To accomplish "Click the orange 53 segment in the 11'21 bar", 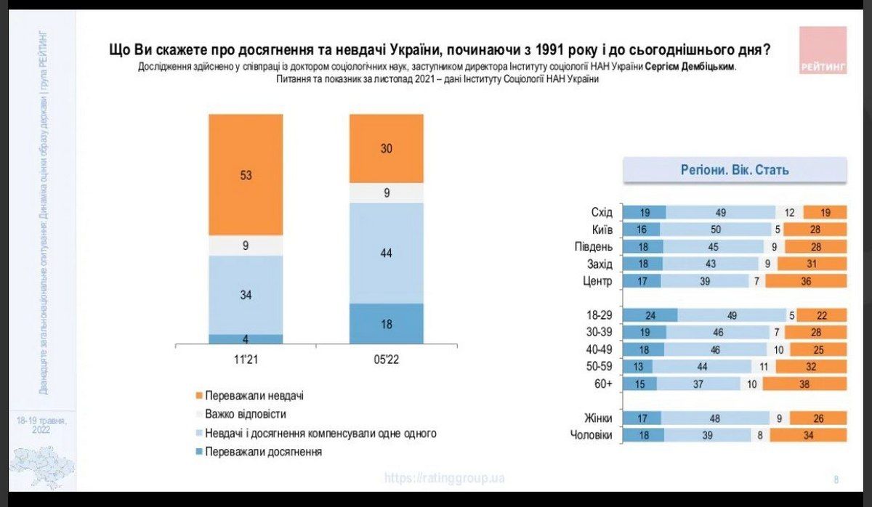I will tap(246, 174).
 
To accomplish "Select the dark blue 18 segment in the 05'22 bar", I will tap(386, 324).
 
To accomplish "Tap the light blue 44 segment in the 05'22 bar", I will tap(386, 253).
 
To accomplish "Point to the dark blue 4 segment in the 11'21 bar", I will tap(246, 339).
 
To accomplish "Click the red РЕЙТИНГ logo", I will tap(823, 50).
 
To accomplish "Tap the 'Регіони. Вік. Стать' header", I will tap(735, 171).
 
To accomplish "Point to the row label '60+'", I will tap(602, 383).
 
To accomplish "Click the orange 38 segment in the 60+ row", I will tap(804, 383).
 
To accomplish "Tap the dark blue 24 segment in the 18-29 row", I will tap(650, 315).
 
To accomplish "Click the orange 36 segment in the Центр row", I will tap(806, 280).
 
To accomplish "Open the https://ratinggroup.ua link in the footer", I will tap(444, 478).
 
